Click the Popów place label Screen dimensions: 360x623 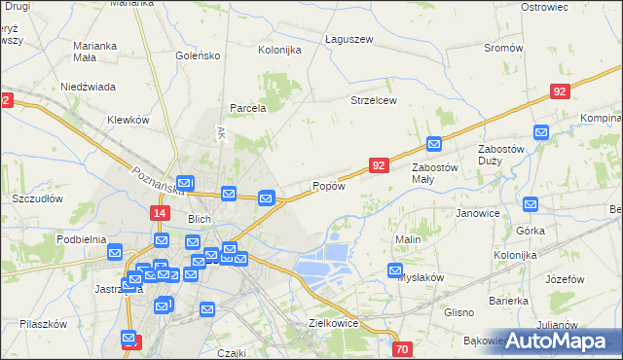point(328,186)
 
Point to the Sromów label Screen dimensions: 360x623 point(503,48)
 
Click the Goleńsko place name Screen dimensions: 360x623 point(199,55)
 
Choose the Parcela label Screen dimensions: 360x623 point(247,108)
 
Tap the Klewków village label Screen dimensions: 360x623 point(128,120)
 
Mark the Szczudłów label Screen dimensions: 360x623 point(37,198)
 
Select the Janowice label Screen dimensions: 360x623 point(477,213)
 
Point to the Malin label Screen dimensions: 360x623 point(407,238)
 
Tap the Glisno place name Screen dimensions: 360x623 point(458,312)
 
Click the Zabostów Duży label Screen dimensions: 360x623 point(502,155)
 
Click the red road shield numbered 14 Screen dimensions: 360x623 point(161,212)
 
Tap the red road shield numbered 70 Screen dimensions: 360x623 point(403,349)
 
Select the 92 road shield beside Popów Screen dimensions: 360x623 point(380,166)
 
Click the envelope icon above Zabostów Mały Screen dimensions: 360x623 point(434,144)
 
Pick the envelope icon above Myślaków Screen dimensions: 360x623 point(395,270)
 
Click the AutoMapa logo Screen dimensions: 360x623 point(562,340)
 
